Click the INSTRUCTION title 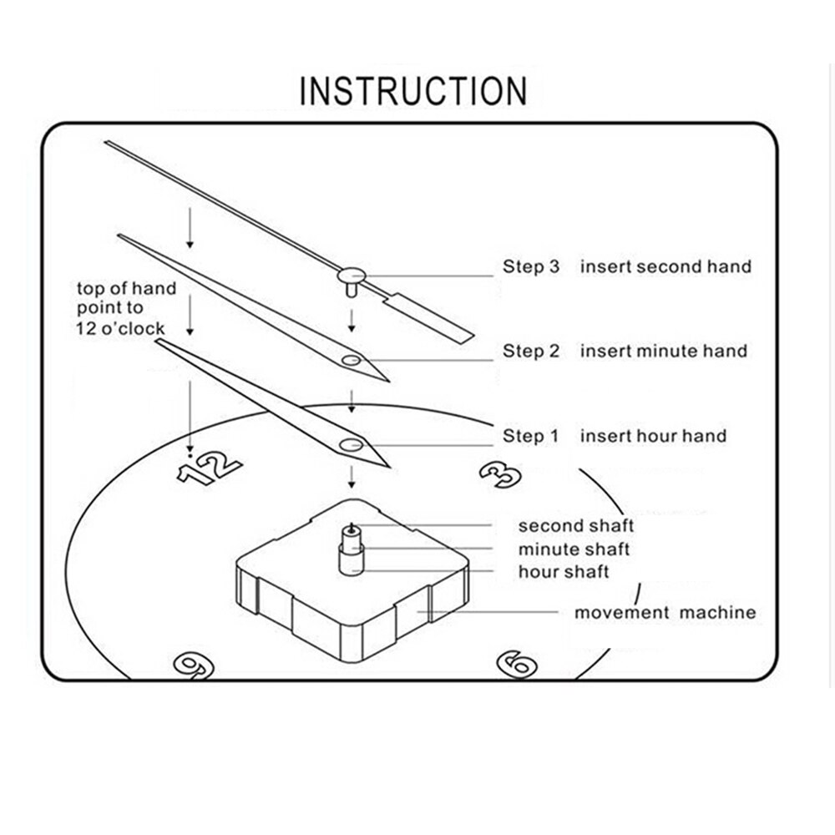tap(413, 90)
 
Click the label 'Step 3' tap(531, 266)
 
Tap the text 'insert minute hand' tap(664, 351)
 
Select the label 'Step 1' tap(531, 435)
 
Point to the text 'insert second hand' tap(665, 266)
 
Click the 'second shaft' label tap(576, 526)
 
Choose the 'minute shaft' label tap(574, 549)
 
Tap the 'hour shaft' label tap(564, 572)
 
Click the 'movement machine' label tap(665, 613)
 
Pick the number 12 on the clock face tap(209, 469)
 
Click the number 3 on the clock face tap(501, 473)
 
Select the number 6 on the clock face tap(516, 664)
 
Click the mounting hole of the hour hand tap(350, 443)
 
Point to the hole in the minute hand tap(351, 360)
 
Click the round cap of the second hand tap(352, 272)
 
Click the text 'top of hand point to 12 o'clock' tap(126, 308)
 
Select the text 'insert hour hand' tap(653, 435)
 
